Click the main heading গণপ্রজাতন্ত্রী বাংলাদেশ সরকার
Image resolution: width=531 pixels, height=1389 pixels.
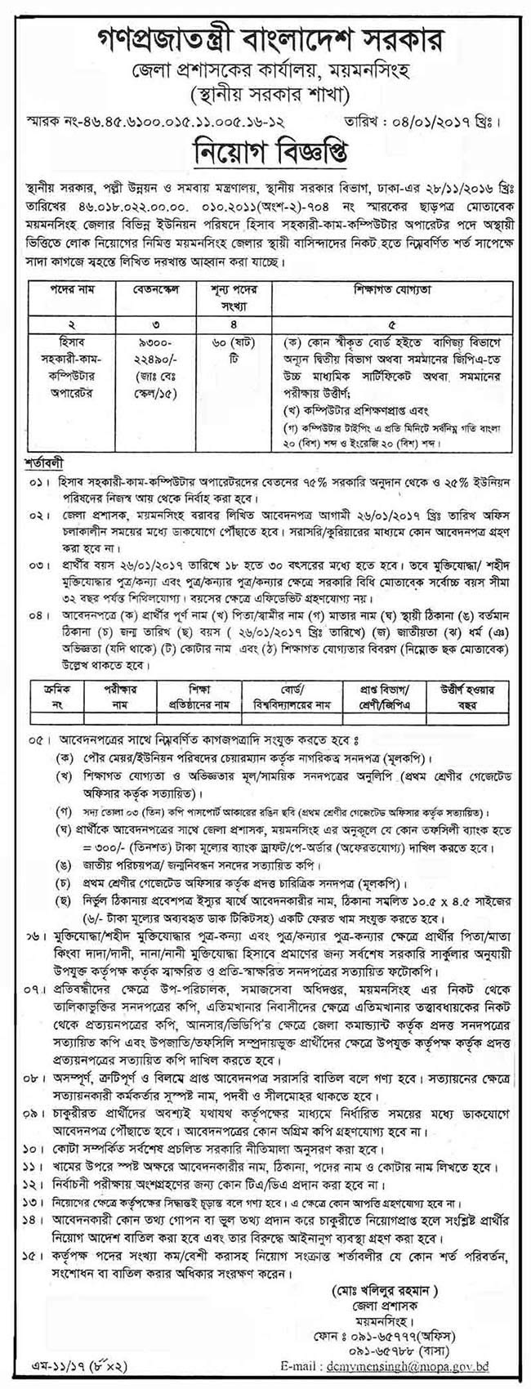coord(265,19)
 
